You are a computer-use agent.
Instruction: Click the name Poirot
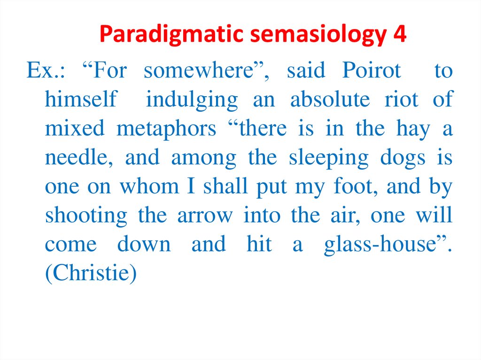372,71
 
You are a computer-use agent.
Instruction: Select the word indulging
192,100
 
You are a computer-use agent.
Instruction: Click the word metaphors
166,129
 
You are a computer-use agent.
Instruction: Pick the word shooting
86,216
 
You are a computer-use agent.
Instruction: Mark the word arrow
205,216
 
